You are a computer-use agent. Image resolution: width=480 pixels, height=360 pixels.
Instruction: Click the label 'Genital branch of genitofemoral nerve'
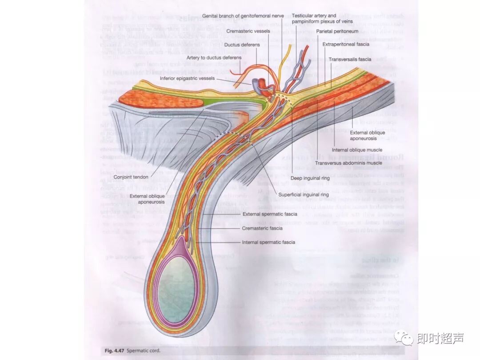coord(243,16)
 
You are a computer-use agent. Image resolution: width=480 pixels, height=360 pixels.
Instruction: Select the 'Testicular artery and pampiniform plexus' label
coord(314,19)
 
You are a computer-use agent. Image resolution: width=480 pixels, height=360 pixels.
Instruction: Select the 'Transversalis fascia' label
coord(350,59)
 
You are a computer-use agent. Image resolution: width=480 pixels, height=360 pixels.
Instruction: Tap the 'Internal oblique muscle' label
coord(357,150)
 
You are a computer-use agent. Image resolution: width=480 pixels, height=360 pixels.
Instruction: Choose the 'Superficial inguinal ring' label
coord(304,195)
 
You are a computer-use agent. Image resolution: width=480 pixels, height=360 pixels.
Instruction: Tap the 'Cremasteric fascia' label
coord(262,228)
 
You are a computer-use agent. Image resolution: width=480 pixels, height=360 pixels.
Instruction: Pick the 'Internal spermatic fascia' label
coord(268,242)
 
